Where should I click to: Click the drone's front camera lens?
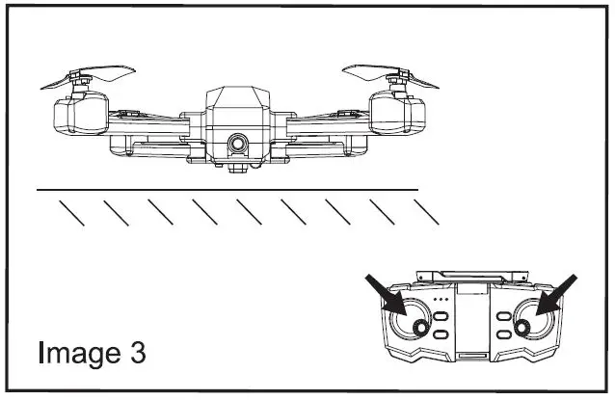pos(236,144)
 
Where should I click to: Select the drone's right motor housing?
pos(398,116)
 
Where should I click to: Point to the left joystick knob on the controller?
pos(421,329)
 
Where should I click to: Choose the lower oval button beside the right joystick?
pos(501,333)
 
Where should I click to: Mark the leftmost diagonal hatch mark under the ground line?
pos(72,212)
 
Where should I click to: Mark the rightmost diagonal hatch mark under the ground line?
pos(425,212)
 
